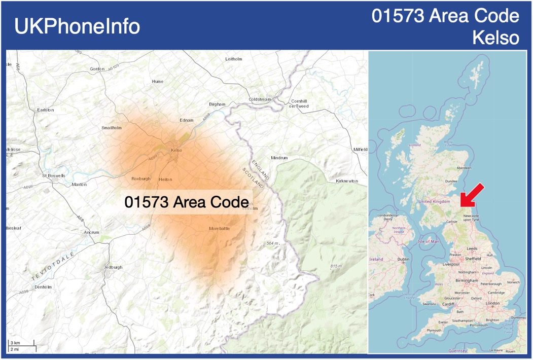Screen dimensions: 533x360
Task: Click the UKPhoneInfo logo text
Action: [77, 26]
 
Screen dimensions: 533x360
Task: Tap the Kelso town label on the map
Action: [176, 150]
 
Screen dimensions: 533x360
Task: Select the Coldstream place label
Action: [260, 99]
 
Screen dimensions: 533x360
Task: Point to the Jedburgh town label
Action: [113, 267]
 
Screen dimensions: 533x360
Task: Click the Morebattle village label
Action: [219, 229]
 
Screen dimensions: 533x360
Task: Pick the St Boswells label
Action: [54, 175]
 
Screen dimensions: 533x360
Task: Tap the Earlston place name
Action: [45, 110]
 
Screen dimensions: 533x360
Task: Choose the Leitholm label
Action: [234, 59]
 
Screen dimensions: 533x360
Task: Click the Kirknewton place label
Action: [347, 181]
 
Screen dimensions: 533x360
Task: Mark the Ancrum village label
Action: [92, 232]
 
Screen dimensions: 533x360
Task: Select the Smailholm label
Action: [112, 128]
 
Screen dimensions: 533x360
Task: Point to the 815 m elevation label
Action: [336, 266]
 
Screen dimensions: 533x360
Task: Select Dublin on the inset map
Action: [403, 259]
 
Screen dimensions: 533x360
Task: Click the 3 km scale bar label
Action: [15, 343]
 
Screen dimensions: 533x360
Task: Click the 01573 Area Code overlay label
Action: [186, 202]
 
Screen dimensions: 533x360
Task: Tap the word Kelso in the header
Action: [495, 38]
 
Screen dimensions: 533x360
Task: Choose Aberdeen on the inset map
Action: [464, 168]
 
